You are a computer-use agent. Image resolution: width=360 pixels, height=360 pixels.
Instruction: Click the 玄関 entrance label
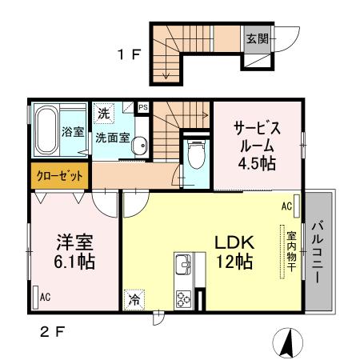(x=255, y=38)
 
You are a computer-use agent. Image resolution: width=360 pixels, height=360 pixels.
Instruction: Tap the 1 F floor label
(x=130, y=56)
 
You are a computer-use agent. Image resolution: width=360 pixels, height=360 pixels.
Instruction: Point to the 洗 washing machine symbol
(x=103, y=114)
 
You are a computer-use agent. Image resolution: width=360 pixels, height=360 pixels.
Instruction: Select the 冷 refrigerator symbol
(x=134, y=301)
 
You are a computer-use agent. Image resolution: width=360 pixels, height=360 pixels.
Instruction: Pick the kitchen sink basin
(x=182, y=265)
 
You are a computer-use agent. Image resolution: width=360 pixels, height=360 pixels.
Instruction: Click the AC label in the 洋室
(x=46, y=297)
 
